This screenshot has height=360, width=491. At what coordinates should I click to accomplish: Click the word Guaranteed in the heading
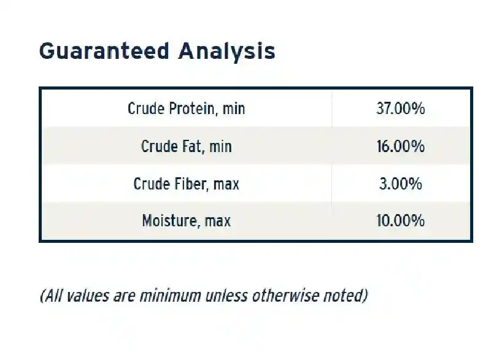click(104, 51)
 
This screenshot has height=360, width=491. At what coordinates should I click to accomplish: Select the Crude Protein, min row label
click(187, 109)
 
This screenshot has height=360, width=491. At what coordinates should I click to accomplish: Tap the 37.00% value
click(401, 109)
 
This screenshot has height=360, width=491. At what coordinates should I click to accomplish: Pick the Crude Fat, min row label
click(187, 146)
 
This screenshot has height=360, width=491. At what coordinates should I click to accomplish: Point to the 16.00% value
click(401, 146)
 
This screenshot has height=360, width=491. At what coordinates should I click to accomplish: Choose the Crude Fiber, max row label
click(187, 183)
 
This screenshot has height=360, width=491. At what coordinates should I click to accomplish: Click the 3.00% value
click(401, 183)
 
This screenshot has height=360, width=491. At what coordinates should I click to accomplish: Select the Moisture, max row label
click(187, 221)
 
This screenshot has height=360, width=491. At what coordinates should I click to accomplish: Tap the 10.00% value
click(401, 221)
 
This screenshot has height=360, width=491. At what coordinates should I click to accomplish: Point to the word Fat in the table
click(192, 146)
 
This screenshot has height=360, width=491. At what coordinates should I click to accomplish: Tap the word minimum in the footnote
click(171, 296)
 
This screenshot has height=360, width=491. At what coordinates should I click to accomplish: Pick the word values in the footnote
click(88, 296)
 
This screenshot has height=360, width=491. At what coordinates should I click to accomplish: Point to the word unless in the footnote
click(226, 296)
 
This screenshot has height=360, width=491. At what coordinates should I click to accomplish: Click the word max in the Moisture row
click(218, 221)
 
